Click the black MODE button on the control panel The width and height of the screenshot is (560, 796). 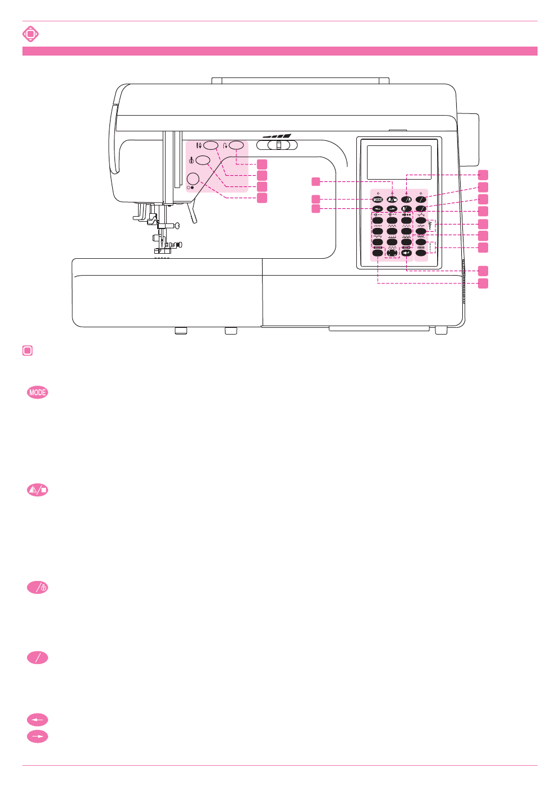pyautogui.click(x=378, y=199)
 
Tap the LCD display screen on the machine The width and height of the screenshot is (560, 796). pyautogui.click(x=399, y=162)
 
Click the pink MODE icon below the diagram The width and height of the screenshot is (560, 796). pyautogui.click(x=38, y=392)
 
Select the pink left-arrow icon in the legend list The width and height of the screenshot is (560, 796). pyautogui.click(x=38, y=720)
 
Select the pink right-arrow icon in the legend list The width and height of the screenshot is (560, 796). pyautogui.click(x=38, y=736)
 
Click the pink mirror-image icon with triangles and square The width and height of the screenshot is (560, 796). pyautogui.click(x=38, y=490)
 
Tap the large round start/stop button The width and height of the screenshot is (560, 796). pyautogui.click(x=193, y=179)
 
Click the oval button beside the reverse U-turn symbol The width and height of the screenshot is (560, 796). pyautogui.click(x=237, y=145)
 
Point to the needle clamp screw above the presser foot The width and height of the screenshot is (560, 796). pyautogui.click(x=176, y=226)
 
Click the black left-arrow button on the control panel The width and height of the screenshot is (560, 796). pyautogui.click(x=378, y=209)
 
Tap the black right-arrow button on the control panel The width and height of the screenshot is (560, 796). pyautogui.click(x=392, y=209)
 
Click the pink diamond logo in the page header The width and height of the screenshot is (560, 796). pyautogui.click(x=30, y=34)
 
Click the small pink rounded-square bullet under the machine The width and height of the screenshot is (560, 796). pyautogui.click(x=27, y=351)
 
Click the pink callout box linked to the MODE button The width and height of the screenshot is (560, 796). pyautogui.click(x=316, y=199)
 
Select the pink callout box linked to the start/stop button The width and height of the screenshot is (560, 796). pyautogui.click(x=262, y=198)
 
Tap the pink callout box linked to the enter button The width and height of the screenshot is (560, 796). pyautogui.click(x=483, y=271)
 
